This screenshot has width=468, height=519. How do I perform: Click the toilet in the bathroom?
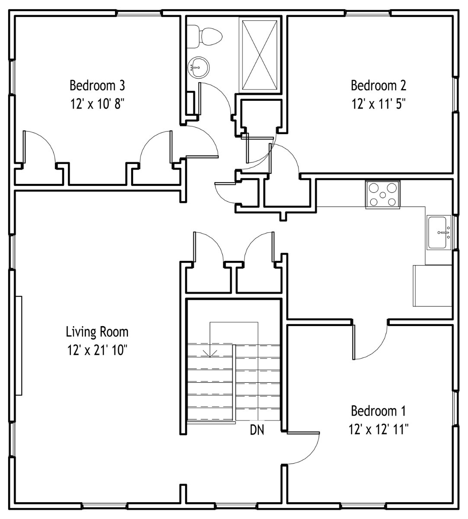point(205,36)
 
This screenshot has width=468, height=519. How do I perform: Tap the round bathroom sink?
point(198,67)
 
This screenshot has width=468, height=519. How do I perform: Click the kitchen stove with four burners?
point(383,195)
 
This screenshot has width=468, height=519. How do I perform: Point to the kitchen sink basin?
point(437,233)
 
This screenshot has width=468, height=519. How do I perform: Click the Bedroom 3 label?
point(97,86)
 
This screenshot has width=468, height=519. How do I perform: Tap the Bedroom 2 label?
point(378,86)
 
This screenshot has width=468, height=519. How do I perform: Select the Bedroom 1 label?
point(378,411)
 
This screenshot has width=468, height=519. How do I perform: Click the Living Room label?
point(97,332)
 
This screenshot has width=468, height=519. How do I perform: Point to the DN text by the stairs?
point(257,430)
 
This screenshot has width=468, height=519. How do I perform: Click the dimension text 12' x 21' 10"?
point(97,351)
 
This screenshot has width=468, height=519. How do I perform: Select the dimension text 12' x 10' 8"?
point(97,104)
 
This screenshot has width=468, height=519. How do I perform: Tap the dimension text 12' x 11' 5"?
point(378,104)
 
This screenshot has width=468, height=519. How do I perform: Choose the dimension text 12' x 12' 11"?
point(378,430)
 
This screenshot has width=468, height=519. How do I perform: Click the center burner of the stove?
point(383,195)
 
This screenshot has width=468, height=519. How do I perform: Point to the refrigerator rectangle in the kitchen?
point(432,285)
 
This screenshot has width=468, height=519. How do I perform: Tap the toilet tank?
point(193,36)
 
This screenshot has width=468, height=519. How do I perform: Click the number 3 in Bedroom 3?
point(122,86)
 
